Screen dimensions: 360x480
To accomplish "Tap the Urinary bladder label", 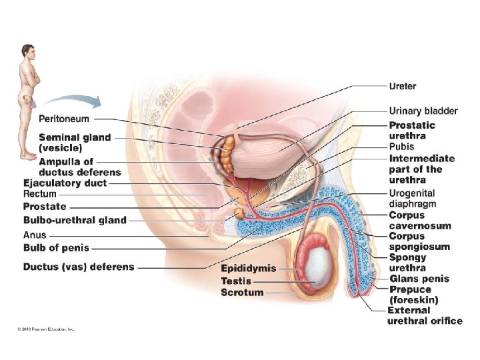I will pyautogui.click(x=423, y=111).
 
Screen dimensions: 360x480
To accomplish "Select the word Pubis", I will pyautogui.click(x=402, y=147).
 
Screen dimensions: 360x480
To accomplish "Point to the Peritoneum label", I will pyautogui.click(x=64, y=119).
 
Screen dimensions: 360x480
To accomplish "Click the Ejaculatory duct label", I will pyautogui.click(x=65, y=183).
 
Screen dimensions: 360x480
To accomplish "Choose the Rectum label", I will pyautogui.click(x=40, y=194).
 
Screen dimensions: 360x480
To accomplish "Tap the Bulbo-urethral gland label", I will pyautogui.click(x=75, y=220).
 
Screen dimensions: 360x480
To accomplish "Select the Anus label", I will pyautogui.click(x=35, y=235).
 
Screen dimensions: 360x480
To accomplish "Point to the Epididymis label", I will pyautogui.click(x=248, y=268).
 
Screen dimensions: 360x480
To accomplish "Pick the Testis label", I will pyautogui.click(x=236, y=281).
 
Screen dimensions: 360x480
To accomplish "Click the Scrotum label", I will pyautogui.click(x=242, y=292).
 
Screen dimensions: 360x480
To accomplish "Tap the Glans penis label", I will pyautogui.click(x=419, y=279).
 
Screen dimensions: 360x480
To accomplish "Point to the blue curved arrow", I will pyautogui.click(x=73, y=101).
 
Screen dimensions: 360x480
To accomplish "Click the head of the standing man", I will pyautogui.click(x=27, y=50).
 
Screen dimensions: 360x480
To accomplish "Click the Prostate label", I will pyautogui.click(x=45, y=207).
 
